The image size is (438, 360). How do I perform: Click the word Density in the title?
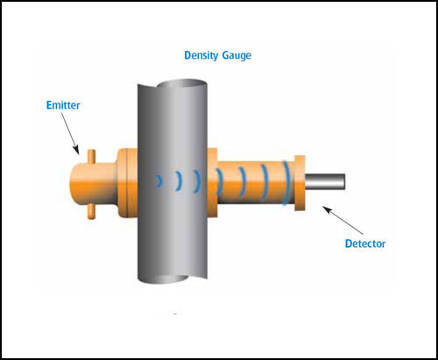[x=201, y=55]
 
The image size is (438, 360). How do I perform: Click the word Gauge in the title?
[x=237, y=55]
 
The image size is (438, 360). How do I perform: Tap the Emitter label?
[x=63, y=105]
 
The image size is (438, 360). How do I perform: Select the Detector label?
[x=365, y=244]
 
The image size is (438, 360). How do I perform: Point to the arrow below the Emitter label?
[x=70, y=134]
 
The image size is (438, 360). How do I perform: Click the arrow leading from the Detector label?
[x=343, y=220]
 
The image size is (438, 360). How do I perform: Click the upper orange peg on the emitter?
[x=91, y=157]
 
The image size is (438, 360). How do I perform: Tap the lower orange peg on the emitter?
[x=91, y=211]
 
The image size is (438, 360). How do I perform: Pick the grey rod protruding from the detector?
[x=325, y=181]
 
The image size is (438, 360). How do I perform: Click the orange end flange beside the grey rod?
[x=300, y=183]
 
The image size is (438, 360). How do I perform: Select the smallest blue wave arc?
[x=159, y=181]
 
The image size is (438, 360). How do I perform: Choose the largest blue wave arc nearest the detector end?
[x=286, y=183]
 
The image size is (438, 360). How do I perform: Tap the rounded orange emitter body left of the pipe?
[x=94, y=184]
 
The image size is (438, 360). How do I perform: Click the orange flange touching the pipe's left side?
[x=128, y=183]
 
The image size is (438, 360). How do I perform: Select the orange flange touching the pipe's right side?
[x=212, y=183]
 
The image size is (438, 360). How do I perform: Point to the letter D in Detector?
[x=349, y=244]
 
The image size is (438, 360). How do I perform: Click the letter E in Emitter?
[x=49, y=105]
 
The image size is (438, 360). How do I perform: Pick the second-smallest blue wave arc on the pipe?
[x=179, y=181]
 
